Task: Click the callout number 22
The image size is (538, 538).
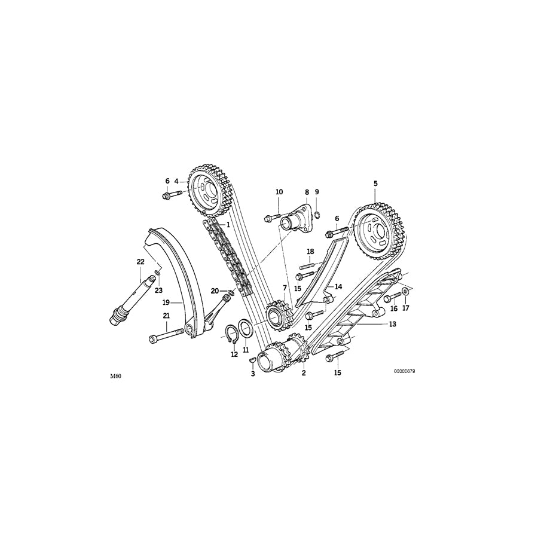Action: (x=140, y=262)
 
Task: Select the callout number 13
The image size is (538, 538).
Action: (x=392, y=325)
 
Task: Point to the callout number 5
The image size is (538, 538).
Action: (x=375, y=183)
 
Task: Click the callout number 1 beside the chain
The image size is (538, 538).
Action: (x=228, y=225)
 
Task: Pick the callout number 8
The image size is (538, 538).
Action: (x=307, y=192)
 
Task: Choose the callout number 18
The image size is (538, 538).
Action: (x=310, y=251)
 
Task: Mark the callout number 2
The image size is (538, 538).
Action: (x=304, y=373)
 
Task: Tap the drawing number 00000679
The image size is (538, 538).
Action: (x=404, y=371)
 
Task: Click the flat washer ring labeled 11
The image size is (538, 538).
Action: (x=245, y=328)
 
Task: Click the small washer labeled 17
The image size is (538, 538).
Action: (x=405, y=292)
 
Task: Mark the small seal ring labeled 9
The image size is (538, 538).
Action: (x=317, y=216)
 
